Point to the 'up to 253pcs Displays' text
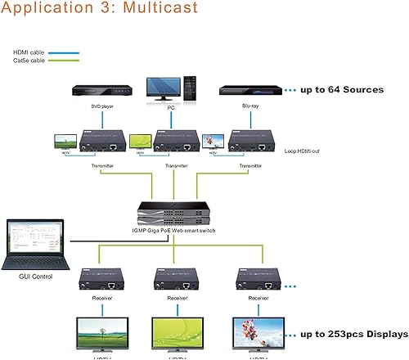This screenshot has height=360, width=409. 351,334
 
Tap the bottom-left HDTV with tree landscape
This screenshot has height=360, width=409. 102,334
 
